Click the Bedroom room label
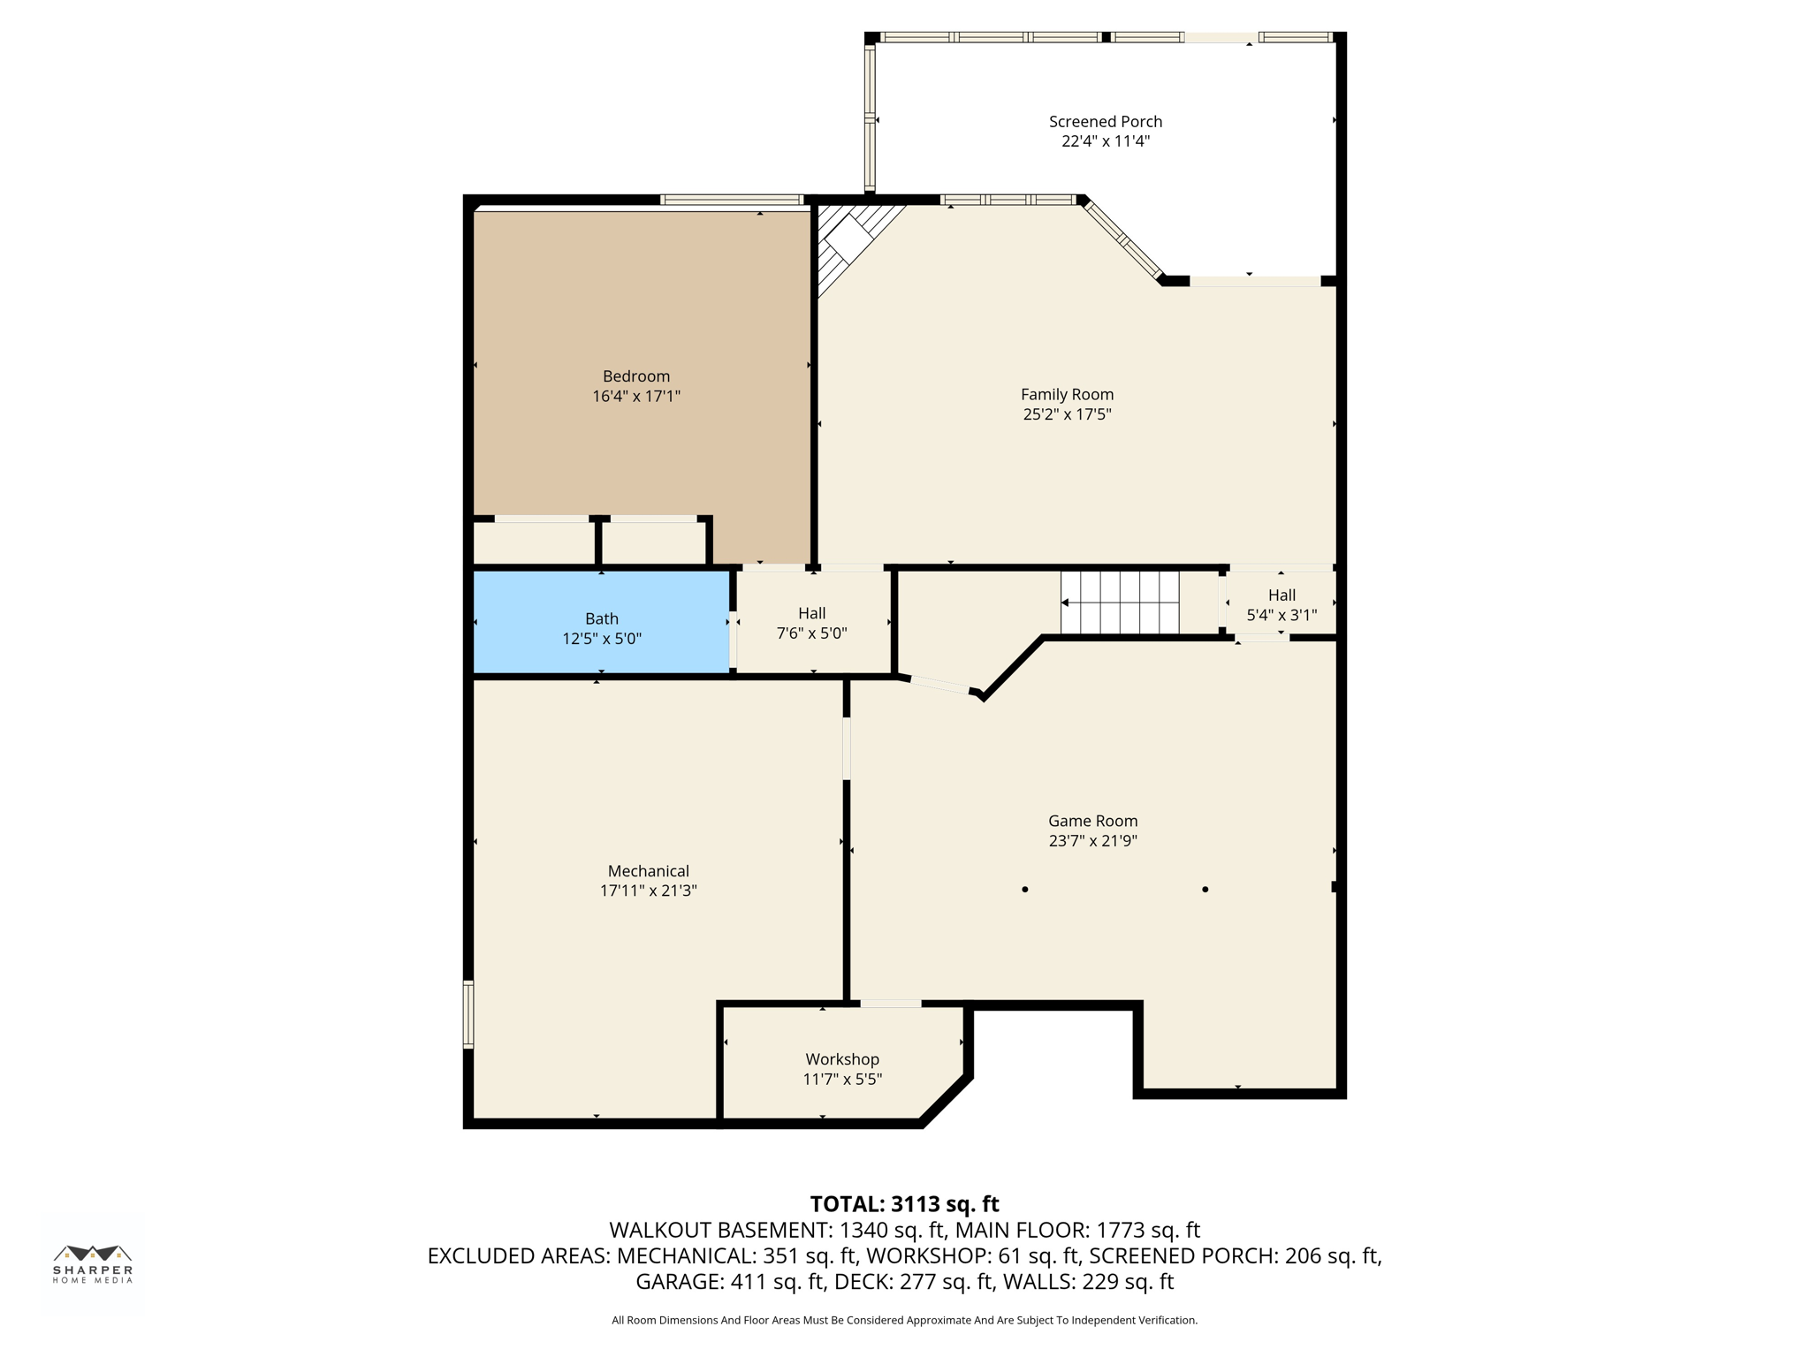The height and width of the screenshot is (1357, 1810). (636, 376)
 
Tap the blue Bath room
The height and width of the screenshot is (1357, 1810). (601, 623)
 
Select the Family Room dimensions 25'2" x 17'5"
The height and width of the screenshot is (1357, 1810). (1067, 414)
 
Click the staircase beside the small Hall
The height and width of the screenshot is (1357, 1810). (1120, 603)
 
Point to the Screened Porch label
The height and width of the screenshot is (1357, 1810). (1105, 122)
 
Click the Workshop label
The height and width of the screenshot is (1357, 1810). (841, 1059)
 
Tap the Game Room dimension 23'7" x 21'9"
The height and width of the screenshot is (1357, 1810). (1092, 841)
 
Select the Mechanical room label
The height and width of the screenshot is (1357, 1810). (648, 871)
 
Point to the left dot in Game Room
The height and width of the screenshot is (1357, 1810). (1024, 890)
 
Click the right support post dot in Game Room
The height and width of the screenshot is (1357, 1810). (1205, 890)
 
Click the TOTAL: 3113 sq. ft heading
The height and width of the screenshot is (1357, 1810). (904, 1204)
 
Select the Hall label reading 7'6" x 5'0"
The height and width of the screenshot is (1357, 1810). (811, 623)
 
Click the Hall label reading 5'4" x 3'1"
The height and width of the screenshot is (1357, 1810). (1281, 605)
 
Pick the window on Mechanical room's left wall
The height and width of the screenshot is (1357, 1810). (468, 1014)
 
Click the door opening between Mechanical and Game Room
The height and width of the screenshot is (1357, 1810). (847, 748)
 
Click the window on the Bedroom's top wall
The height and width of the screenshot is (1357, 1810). (731, 200)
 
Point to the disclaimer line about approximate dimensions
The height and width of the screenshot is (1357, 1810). (904, 1320)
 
